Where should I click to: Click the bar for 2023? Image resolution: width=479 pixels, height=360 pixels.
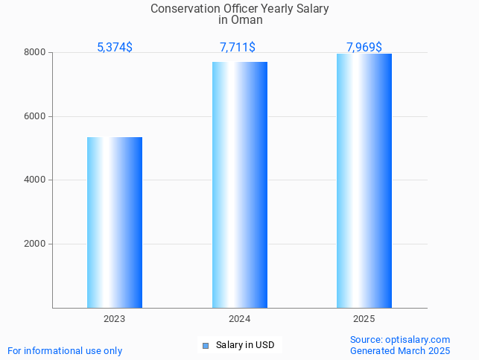115,222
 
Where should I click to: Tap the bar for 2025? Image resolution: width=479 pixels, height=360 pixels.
364,180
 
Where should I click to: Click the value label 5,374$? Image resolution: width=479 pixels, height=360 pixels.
115,48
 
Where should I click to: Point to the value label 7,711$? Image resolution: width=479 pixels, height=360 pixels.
238,48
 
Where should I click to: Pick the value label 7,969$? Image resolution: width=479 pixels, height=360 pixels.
364,48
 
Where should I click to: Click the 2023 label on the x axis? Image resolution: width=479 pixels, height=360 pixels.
115,318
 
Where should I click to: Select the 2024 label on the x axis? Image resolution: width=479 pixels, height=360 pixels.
240,318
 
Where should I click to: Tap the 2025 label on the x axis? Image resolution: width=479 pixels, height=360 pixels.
364,318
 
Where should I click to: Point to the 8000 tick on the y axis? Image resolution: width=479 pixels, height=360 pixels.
35,53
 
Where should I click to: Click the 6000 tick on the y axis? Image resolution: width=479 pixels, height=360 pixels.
35,116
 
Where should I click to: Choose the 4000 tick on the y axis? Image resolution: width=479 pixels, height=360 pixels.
35,180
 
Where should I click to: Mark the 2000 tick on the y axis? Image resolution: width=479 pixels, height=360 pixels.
35,244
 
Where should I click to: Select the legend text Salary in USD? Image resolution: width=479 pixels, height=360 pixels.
245,345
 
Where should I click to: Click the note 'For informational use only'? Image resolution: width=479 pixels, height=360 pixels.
65,350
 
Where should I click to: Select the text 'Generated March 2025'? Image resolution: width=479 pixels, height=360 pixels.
400,350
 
